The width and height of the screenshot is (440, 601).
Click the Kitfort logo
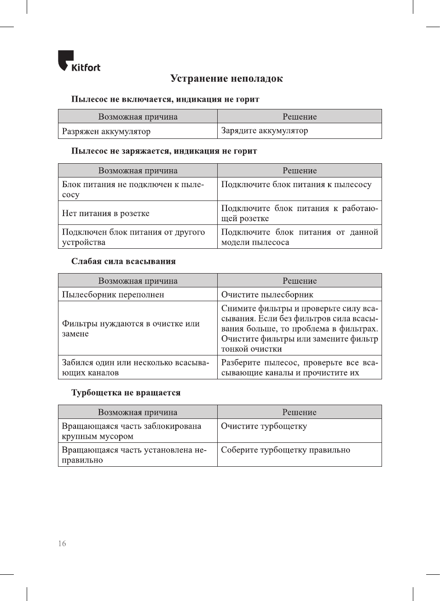79,62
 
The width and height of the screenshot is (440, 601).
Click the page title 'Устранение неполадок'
226,79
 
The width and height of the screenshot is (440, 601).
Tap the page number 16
62,544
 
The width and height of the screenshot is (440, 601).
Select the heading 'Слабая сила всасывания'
123,261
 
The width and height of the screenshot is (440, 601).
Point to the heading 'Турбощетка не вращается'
126,393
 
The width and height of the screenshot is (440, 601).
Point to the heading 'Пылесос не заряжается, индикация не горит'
164,151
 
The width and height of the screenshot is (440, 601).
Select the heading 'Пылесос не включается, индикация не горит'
165,99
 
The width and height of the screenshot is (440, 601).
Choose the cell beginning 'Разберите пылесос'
299,367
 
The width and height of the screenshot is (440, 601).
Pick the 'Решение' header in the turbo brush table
299,412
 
